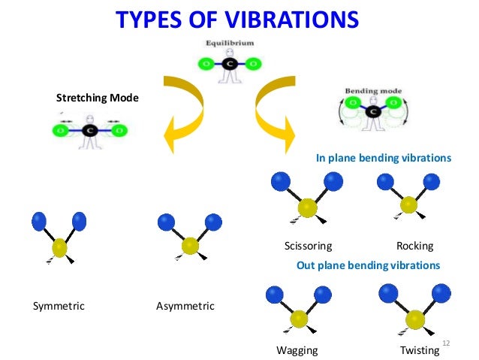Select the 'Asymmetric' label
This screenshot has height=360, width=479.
coord(185,306)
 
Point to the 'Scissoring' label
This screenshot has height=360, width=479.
coord(308,246)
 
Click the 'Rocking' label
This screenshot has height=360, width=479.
coord(414,246)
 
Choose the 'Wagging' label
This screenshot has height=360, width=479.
coord(297,350)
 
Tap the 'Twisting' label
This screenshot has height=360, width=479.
coord(419,350)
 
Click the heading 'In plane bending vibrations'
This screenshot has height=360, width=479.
coord(384,159)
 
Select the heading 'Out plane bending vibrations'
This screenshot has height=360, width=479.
coord(369,265)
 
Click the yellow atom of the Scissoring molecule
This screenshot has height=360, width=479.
coord(306,207)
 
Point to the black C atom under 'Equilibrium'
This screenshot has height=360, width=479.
coord(230,65)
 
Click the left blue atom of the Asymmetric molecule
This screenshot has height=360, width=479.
coord(166,222)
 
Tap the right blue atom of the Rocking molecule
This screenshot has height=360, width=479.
coord(431,181)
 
